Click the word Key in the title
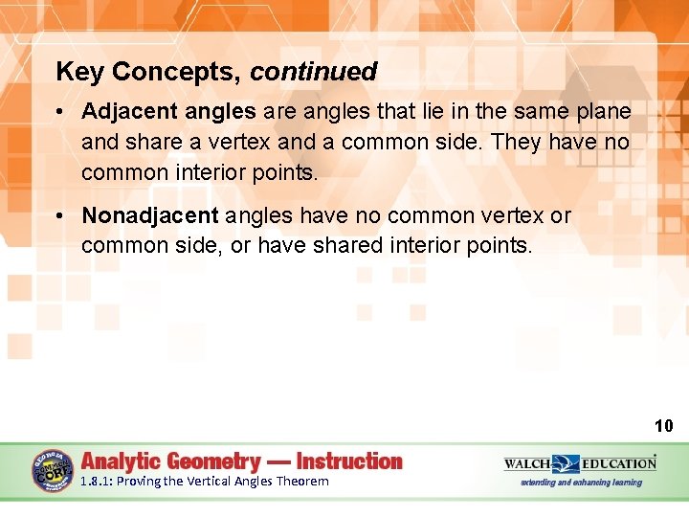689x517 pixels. tap(75, 72)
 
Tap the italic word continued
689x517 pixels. tap(314, 72)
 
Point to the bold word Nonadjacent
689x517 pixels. tap(150, 216)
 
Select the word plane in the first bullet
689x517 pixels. tap(604, 112)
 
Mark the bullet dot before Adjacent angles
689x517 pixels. tap(59, 113)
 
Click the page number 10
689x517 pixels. tap(663, 426)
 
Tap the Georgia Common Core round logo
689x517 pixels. tap(53, 470)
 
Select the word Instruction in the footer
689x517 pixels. tap(349, 461)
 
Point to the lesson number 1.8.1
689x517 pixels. tap(96, 482)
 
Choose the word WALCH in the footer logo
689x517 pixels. tap(527, 463)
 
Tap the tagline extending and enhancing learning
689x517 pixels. tap(581, 483)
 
